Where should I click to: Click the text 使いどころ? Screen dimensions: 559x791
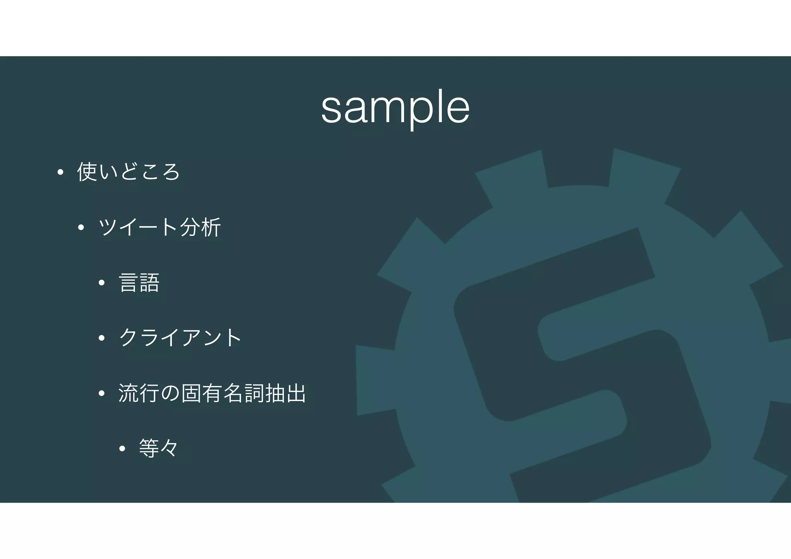coord(129,172)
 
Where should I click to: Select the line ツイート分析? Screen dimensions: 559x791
coord(160,227)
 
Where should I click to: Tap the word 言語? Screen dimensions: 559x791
coord(139,282)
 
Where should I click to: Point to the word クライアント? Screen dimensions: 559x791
coord(180,338)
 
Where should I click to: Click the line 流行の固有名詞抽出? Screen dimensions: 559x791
coord(212,393)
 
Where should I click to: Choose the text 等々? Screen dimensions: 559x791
coord(159,449)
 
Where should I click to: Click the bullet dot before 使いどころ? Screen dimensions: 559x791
coord(60,172)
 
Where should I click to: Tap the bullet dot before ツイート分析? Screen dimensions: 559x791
coord(81,228)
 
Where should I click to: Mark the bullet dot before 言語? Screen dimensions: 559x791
coord(102,283)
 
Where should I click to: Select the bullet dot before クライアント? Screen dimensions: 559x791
coord(102,338)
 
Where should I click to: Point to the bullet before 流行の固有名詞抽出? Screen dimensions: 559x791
coord(102,394)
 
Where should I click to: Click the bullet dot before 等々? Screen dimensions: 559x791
coord(122,449)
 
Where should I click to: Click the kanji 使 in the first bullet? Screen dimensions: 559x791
coord(87,172)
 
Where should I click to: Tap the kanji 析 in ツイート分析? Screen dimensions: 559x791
coord(210,227)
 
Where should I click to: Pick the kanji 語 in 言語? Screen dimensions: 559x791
coord(149,282)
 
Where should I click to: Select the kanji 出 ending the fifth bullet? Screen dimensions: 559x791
coord(296,393)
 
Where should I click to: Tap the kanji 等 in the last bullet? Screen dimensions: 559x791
coord(149,449)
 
